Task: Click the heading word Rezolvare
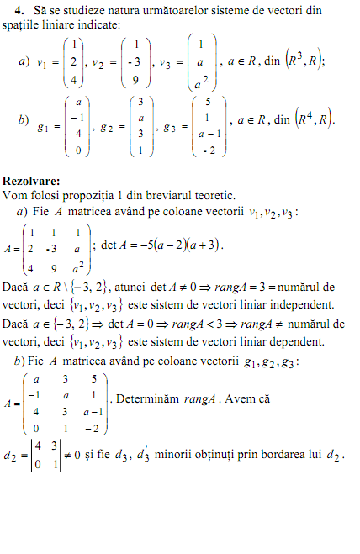(x=30, y=180)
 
